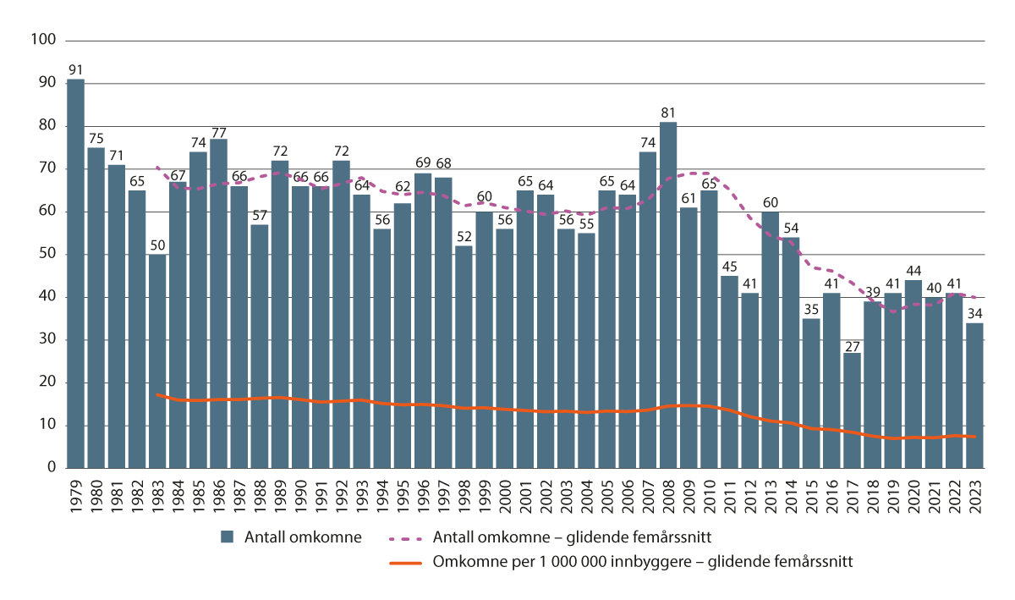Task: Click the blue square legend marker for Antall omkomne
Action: click(226, 536)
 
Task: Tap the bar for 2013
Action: click(770, 339)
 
